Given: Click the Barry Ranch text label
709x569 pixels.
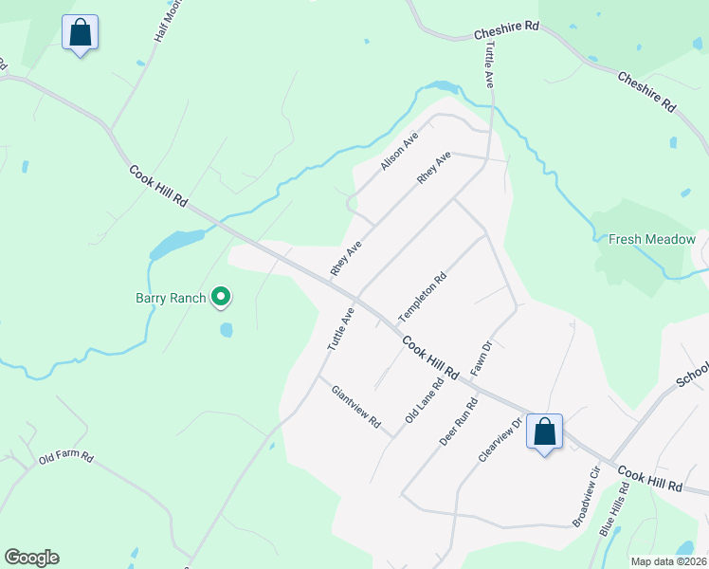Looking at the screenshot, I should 170,298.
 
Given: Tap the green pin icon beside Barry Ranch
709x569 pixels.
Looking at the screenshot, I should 221,298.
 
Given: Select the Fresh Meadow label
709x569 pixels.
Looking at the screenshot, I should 652,240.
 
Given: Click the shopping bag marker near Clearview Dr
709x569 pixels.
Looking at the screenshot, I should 545,432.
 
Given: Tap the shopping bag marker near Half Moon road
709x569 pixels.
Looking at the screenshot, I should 81,33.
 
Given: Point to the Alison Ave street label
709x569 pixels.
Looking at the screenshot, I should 399,152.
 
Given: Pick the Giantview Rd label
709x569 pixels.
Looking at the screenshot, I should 355,405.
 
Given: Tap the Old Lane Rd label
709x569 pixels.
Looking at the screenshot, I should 424,402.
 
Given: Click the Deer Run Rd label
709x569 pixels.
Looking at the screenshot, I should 459,422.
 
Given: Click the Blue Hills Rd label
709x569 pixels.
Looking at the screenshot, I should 614,510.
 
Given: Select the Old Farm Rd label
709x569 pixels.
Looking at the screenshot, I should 65,458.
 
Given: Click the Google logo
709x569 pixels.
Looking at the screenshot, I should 31,557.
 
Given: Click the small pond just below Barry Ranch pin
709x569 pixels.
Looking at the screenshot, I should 227,330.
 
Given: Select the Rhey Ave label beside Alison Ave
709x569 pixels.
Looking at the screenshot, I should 433,168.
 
